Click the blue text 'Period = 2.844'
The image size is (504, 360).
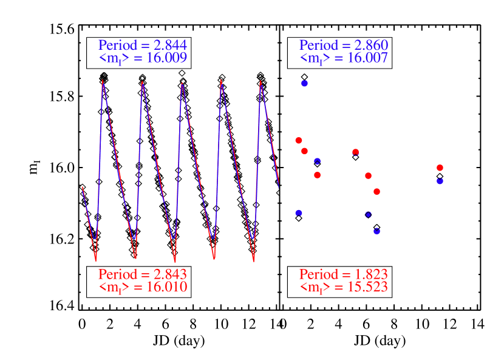(142, 46)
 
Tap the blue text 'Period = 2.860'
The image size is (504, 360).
(344, 46)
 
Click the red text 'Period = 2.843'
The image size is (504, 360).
(142, 274)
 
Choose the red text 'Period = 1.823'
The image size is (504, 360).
(344, 274)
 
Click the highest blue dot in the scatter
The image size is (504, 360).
(304, 83)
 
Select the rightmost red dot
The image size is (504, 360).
(440, 168)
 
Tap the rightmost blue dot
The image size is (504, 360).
(440, 181)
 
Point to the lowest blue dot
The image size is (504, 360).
(376, 231)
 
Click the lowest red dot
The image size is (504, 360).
(376, 192)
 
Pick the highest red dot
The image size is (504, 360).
(298, 140)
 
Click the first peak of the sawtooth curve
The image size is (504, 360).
(103, 80)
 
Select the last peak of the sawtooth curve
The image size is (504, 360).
(261, 80)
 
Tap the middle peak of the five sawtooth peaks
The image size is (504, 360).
(182, 83)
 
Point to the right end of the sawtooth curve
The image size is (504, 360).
(278, 185)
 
